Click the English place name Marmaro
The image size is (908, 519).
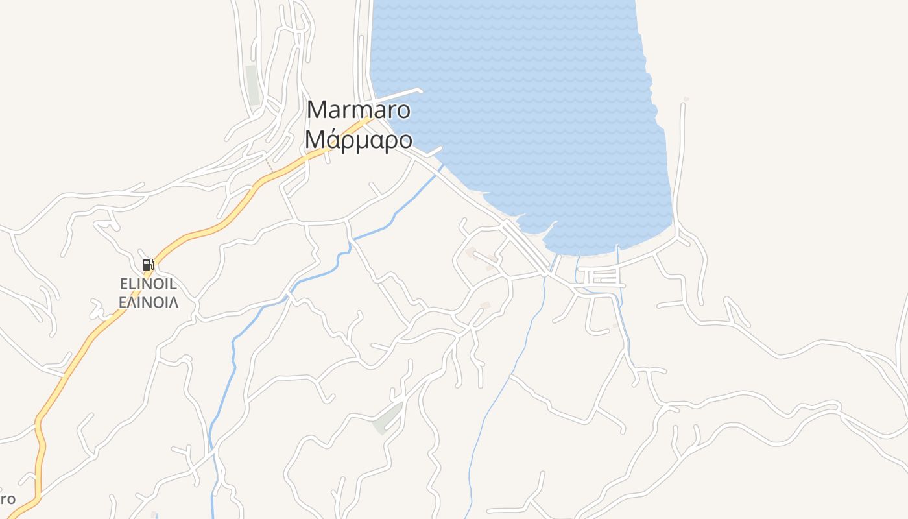pyautogui.click(x=358, y=110)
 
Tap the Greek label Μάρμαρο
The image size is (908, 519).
pyautogui.click(x=358, y=139)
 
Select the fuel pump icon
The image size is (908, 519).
pyautogui.click(x=148, y=265)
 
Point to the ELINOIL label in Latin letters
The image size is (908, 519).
pyautogui.click(x=149, y=284)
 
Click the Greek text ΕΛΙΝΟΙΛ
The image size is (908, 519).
pyautogui.click(x=149, y=302)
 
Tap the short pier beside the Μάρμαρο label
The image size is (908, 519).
pyautogui.click(x=433, y=152)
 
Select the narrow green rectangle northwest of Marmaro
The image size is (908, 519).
pyautogui.click(x=252, y=85)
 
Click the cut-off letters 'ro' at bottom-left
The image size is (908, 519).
pyautogui.click(x=8, y=500)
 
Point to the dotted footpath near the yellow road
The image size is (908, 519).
pyautogui.click(x=268, y=164)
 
